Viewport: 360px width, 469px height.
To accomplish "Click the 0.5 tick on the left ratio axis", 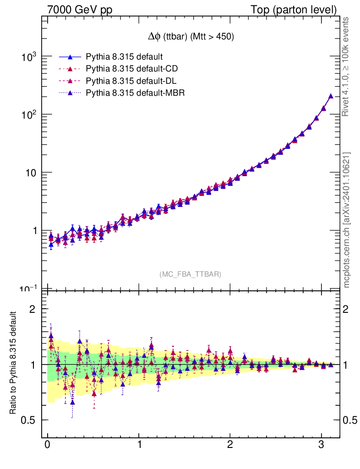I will coord(30,420).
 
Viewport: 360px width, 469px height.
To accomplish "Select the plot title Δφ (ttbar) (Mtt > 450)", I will coord(189,37).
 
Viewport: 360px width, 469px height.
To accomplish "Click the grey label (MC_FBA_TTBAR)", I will coord(190,274).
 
